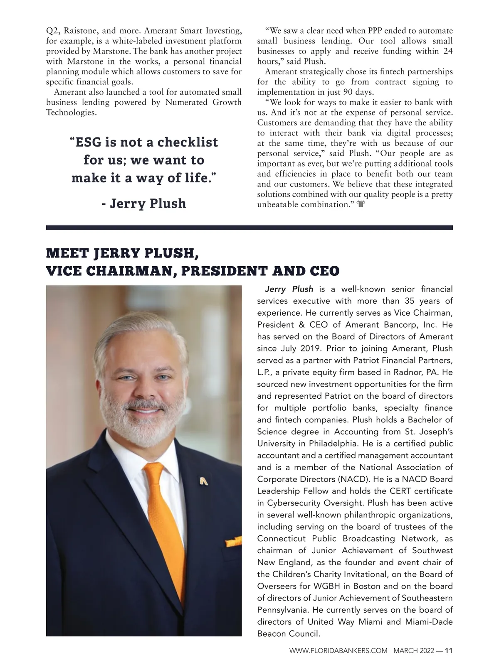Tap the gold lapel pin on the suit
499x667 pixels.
pos(203,481)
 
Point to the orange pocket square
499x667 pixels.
pos(233,542)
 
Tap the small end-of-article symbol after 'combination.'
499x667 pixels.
pos(361,204)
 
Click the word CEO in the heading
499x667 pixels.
pos(325,271)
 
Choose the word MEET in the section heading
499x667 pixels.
pos(67,253)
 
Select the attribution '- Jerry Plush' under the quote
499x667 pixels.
pos(144,204)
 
